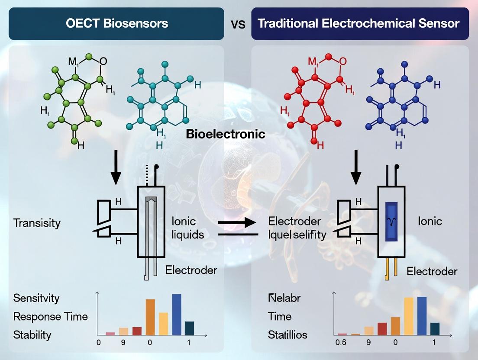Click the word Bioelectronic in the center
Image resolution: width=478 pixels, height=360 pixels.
point(225,134)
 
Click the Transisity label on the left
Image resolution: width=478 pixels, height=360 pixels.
point(37,223)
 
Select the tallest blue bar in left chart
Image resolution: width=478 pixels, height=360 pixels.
point(177,315)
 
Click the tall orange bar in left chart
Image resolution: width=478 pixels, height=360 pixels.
point(150,317)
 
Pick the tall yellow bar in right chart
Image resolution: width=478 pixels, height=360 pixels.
point(409,316)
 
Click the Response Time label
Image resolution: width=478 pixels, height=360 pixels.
point(50,316)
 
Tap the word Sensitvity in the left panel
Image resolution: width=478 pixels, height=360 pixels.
point(36,298)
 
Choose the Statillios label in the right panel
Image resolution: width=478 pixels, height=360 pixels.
point(287,334)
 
